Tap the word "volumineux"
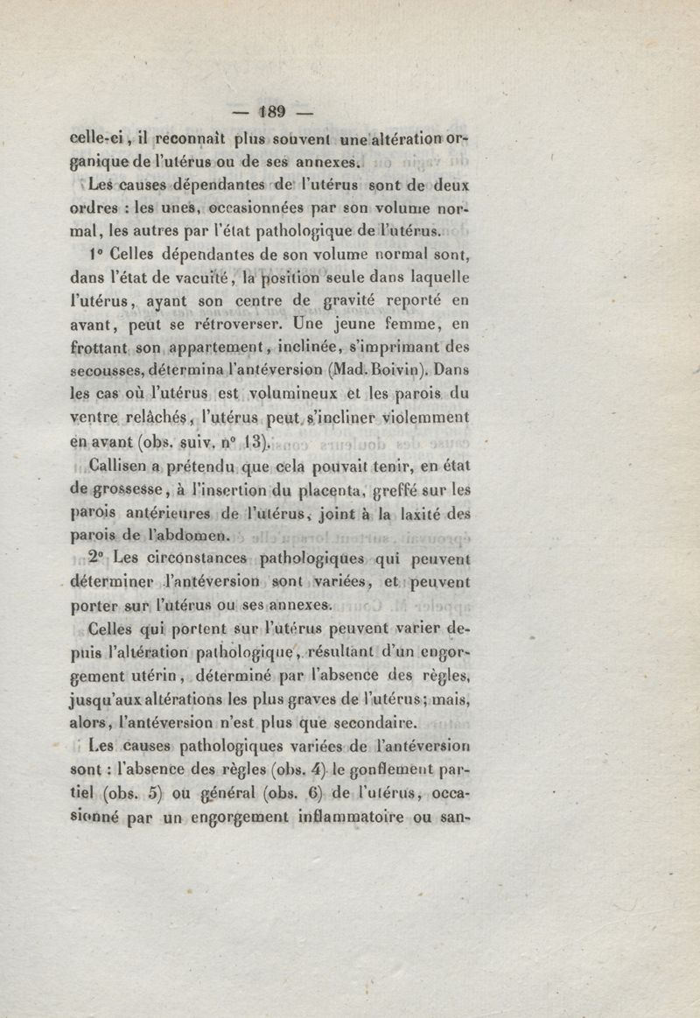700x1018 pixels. pyautogui.click(x=306, y=392)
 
